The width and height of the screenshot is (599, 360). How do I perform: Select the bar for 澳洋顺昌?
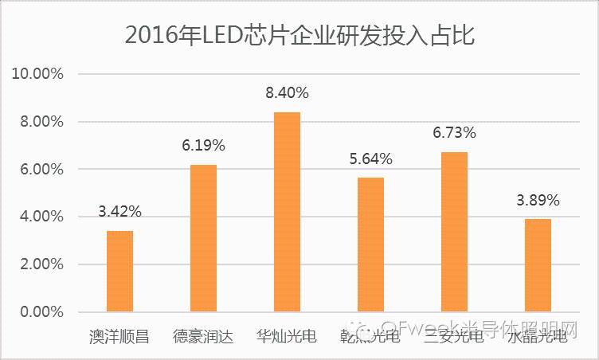[x=119, y=272]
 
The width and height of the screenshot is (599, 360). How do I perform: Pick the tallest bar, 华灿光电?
[x=287, y=212]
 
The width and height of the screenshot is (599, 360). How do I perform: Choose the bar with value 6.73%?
[x=454, y=232]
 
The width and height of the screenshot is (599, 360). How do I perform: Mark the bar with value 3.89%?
[x=538, y=265]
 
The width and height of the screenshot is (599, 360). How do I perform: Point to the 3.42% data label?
[x=119, y=212]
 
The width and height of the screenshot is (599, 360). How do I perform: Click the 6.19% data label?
[x=203, y=146]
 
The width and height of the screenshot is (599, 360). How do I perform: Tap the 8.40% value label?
[x=287, y=93]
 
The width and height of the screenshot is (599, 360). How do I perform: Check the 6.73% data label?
[x=454, y=132]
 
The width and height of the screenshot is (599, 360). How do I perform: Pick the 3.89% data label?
[x=538, y=200]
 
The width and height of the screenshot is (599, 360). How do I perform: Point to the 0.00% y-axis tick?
[x=41, y=311]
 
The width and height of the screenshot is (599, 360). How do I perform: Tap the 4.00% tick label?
[x=41, y=217]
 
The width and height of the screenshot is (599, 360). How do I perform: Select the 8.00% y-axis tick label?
[x=41, y=122]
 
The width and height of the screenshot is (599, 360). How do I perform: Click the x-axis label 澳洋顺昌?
[x=119, y=336]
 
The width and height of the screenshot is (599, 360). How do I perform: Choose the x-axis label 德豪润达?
[x=203, y=336]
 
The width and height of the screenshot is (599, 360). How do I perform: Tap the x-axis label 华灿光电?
[x=287, y=336]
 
